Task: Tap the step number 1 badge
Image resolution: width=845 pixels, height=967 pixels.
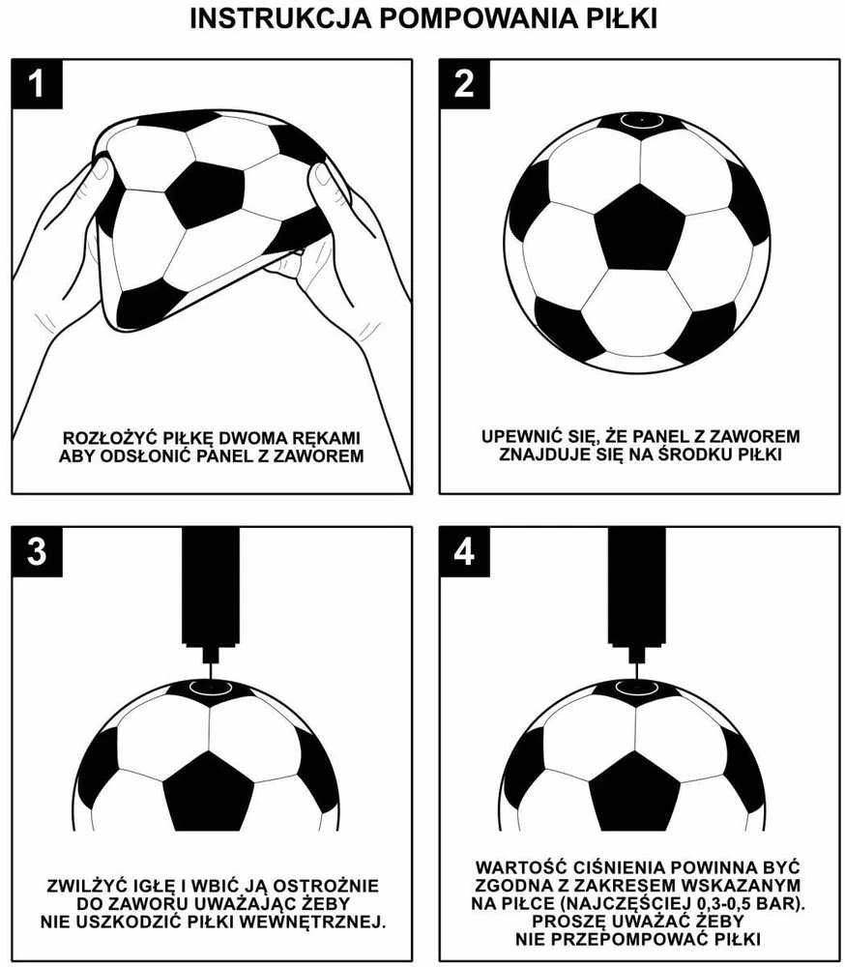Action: click(x=37, y=84)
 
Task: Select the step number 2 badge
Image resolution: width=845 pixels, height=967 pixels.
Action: click(x=464, y=84)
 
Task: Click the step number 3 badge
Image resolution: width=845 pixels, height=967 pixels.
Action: click(x=37, y=551)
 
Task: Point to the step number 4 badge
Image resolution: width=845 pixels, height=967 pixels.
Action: click(x=464, y=551)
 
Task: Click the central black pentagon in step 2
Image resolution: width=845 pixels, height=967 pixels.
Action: click(x=640, y=228)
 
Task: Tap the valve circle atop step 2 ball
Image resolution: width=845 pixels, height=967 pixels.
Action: click(x=642, y=120)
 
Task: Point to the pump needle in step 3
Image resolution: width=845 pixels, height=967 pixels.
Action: click(x=211, y=672)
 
